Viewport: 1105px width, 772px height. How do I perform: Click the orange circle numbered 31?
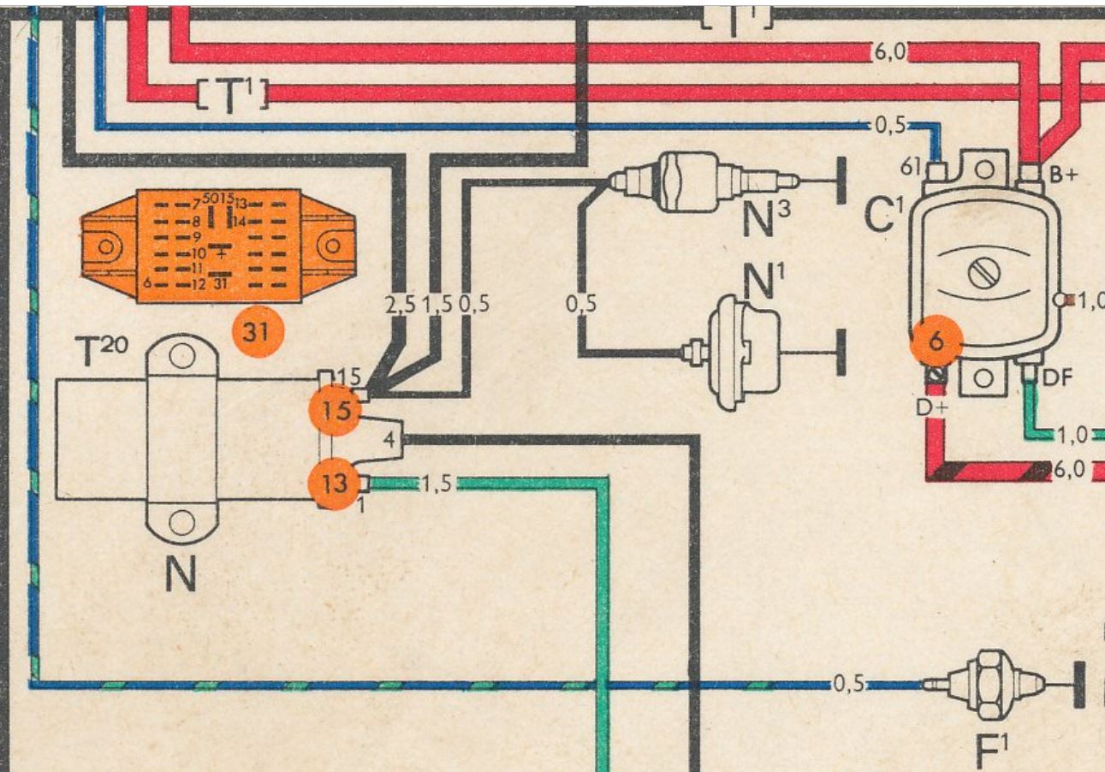(257, 332)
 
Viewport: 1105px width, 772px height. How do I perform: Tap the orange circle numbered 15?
(335, 411)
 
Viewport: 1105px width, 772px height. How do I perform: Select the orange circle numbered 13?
(334, 484)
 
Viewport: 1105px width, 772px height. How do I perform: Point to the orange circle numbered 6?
(936, 341)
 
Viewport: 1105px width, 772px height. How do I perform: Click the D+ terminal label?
(932, 407)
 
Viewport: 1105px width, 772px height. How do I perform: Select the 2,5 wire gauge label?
(398, 304)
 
